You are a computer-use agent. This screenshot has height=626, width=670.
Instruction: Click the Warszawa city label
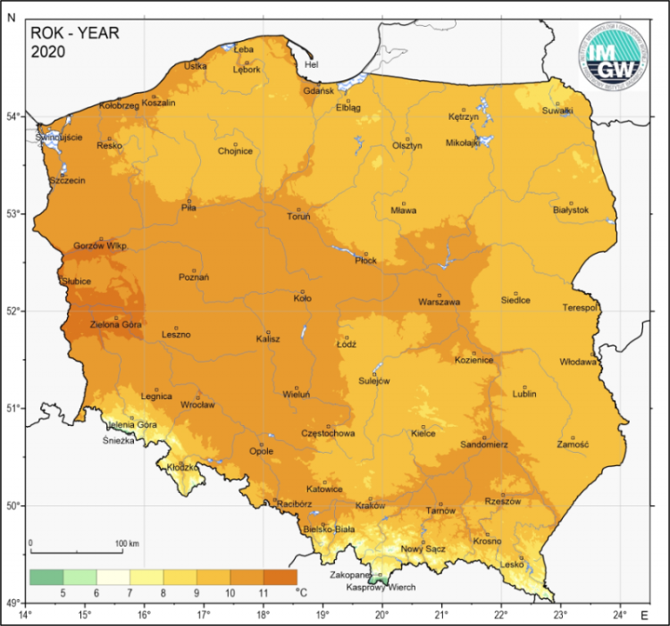click(x=439, y=303)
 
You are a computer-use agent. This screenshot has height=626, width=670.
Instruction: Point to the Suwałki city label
click(x=557, y=111)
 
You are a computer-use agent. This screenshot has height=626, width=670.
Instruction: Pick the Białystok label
click(x=571, y=210)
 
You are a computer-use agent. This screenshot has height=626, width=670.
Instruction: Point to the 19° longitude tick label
click(x=322, y=614)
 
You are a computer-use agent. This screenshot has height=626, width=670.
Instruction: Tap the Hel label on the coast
click(x=311, y=64)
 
